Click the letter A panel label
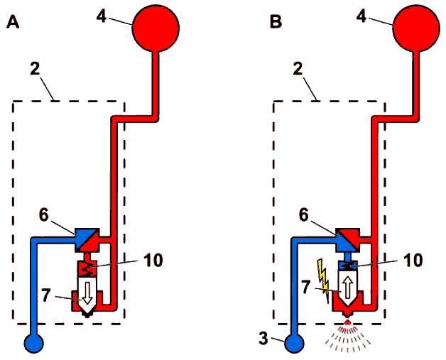[13, 22]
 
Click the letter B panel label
[276, 22]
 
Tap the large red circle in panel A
[156, 28]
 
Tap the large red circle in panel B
[416, 28]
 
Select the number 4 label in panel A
[102, 16]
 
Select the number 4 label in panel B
[361, 16]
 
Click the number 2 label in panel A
[35, 69]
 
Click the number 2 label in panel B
[298, 69]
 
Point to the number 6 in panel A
[44, 215]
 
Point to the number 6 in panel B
[304, 215]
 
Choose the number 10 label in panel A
[153, 260]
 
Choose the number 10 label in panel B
[413, 260]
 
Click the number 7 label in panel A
[46, 295]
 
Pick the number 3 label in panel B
[263, 339]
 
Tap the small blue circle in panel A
[34, 343]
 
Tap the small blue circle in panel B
[295, 343]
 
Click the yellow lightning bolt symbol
[323, 280]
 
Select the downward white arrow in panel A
[87, 293]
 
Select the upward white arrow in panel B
[347, 288]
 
